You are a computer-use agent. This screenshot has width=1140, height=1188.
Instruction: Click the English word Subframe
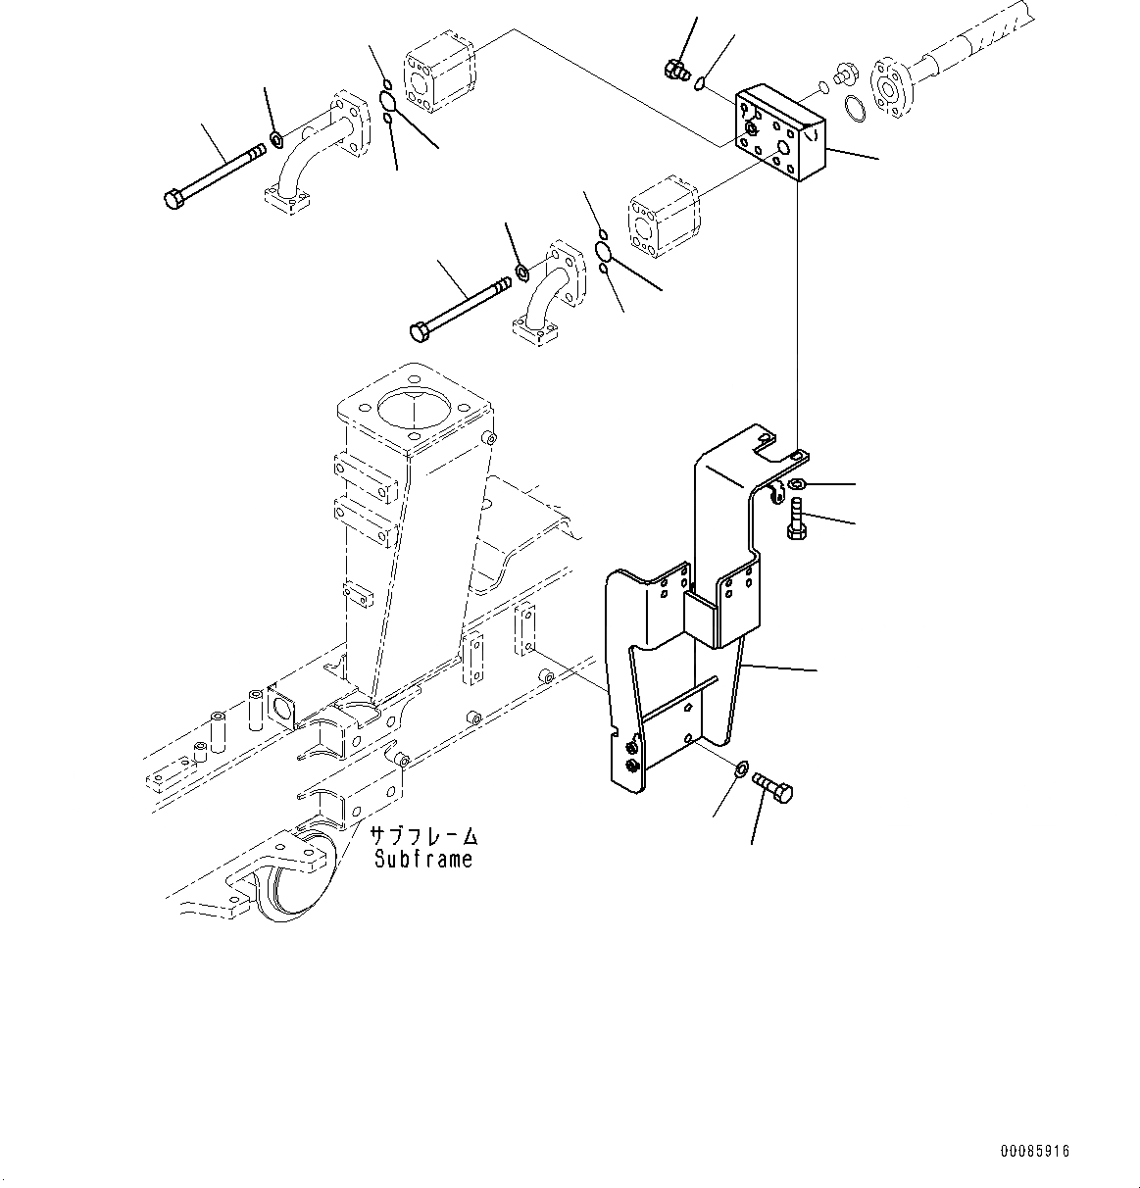coord(423,860)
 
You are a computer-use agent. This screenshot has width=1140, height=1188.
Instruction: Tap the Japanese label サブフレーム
coord(423,837)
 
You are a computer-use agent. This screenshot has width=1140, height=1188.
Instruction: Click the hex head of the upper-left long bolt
coord(173,200)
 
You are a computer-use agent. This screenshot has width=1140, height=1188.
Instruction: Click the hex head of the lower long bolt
coord(419,332)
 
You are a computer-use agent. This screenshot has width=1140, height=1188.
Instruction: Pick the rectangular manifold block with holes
coord(780,133)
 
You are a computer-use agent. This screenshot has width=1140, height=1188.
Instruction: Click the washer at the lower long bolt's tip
coord(522,272)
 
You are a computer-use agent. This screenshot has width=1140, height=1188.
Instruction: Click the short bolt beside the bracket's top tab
coord(795,518)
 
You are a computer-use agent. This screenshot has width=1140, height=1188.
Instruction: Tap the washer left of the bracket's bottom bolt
coord(741,767)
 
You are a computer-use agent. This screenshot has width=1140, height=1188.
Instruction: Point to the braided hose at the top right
coord(980,38)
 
